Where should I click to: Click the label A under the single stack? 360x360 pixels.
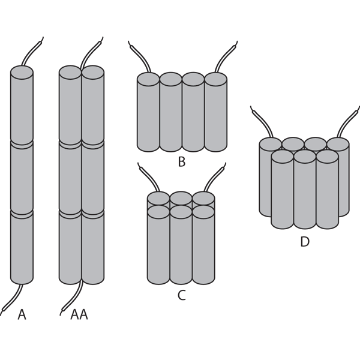pos(22,314)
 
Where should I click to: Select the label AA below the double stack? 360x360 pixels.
pos(79,314)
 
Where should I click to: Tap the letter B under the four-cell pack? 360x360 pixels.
pos(182,161)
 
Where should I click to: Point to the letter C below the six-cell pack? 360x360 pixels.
pos(182,295)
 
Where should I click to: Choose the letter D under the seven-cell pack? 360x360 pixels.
pos(305,242)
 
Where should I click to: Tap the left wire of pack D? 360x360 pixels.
pos(262,121)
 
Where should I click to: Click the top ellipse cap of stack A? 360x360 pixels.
pos(22,73)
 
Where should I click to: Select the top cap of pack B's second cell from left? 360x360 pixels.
pos(171,79)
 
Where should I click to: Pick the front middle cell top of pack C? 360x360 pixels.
pos(181,212)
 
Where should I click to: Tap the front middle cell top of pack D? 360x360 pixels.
pos(305,157)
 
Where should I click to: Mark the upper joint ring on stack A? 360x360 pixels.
pos(22,145)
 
